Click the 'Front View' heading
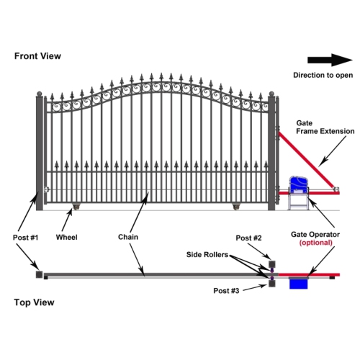pos(37,55)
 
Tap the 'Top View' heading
pos(34,302)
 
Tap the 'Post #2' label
pos(249,238)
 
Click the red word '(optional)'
pos(315,243)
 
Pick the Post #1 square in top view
pos(37,274)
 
